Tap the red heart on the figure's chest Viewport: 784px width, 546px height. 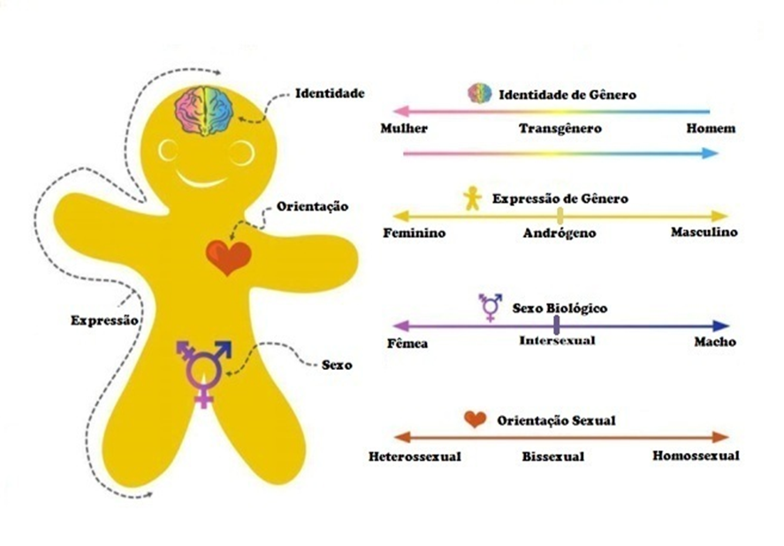click(228, 257)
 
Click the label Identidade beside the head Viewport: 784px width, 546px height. click(330, 93)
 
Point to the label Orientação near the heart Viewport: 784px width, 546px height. click(313, 206)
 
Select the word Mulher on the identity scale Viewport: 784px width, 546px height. click(404, 128)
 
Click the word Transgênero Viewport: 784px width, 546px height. click(560, 128)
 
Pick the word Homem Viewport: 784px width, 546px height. click(710, 128)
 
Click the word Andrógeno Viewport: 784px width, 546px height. click(559, 234)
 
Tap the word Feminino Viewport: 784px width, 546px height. click(414, 233)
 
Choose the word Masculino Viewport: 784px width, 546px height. click(703, 233)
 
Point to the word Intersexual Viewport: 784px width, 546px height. click(557, 341)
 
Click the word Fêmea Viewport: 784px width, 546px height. click(408, 342)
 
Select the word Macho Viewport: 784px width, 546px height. click(714, 342)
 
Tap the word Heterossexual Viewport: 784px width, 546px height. click(415, 457)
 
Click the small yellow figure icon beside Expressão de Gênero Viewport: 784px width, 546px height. click(474, 198)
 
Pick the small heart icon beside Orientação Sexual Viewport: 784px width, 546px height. click(476, 419)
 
